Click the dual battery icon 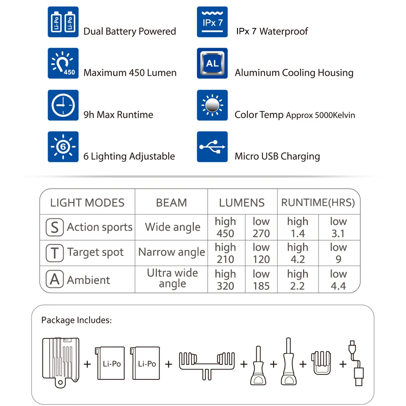63,22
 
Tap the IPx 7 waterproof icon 212,22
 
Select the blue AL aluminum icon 212,63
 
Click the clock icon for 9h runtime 63,105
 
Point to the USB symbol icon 212,147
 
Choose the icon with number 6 63,147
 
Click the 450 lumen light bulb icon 63,63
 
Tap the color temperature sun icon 212,105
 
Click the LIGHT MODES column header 87,203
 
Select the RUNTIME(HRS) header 318,203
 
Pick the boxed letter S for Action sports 55,227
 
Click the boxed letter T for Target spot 55,253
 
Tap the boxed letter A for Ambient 55,279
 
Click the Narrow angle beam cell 172,252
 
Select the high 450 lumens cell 225,227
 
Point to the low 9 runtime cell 338,253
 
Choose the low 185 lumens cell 261,280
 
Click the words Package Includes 76,320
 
